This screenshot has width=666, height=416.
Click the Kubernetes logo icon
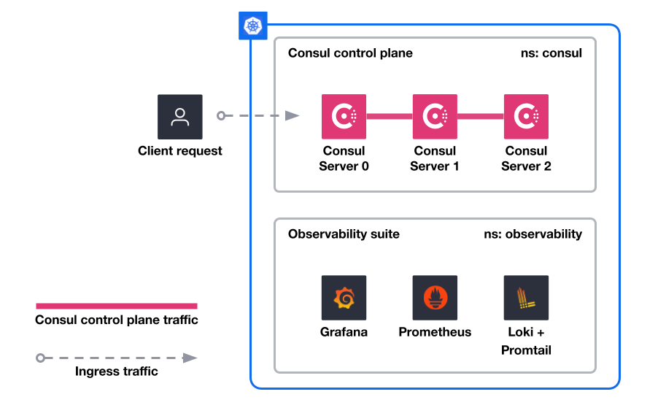pyautogui.click(x=252, y=26)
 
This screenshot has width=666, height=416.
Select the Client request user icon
pyautogui.click(x=179, y=117)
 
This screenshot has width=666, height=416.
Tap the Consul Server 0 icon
pyautogui.click(x=344, y=117)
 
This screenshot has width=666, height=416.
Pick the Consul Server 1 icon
pyautogui.click(x=435, y=117)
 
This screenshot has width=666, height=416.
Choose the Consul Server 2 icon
pyautogui.click(x=526, y=117)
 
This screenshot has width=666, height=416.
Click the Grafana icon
pyautogui.click(x=344, y=298)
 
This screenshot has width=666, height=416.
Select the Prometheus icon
pyautogui.click(x=435, y=298)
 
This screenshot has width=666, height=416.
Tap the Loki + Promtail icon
pyautogui.click(x=526, y=298)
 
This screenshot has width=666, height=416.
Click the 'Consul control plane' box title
pyautogui.click(x=350, y=53)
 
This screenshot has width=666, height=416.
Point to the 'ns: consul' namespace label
pyautogui.click(x=551, y=53)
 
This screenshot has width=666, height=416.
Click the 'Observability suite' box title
pyautogui.click(x=344, y=234)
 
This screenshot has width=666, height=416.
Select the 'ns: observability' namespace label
pyautogui.click(x=533, y=234)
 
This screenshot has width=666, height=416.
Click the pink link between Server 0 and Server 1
pyautogui.click(x=390, y=116)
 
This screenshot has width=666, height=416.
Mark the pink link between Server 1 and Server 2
pyautogui.click(x=481, y=116)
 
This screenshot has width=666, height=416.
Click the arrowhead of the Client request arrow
pyautogui.click(x=293, y=115)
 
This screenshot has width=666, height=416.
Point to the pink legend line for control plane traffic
pyautogui.click(x=117, y=306)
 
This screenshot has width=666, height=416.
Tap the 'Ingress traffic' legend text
pyautogui.click(x=117, y=371)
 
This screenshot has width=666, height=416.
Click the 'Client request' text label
pyautogui.click(x=179, y=151)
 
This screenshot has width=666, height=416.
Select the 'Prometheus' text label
pyautogui.click(x=435, y=332)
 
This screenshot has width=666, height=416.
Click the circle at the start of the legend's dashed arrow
pyautogui.click(x=40, y=358)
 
